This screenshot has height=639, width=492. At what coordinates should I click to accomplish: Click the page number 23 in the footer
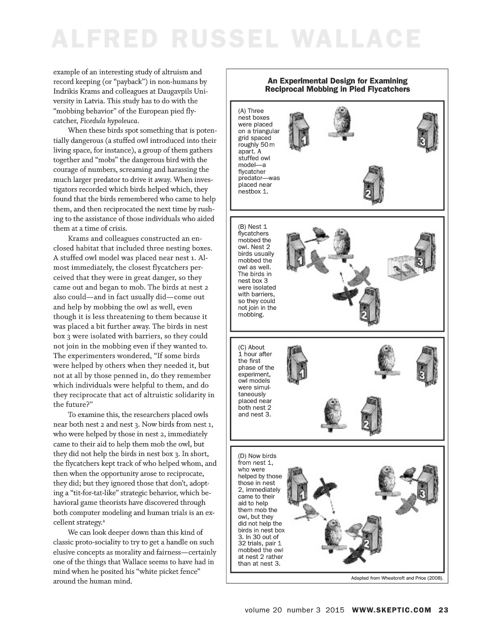(443, 610)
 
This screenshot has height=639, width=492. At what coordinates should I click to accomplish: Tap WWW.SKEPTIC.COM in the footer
(392, 610)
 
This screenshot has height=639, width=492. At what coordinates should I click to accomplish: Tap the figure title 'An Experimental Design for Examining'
(337, 81)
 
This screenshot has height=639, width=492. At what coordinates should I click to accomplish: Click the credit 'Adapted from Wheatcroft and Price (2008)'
(397, 578)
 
